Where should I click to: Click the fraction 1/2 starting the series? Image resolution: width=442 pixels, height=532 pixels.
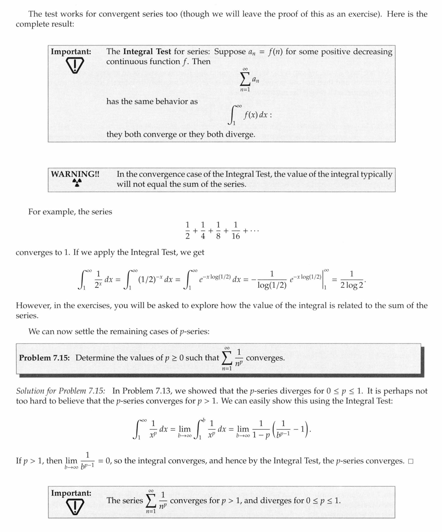[187, 230]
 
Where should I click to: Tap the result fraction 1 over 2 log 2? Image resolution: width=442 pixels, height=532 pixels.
[352, 280]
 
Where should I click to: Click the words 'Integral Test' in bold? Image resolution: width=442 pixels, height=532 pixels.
[147, 52]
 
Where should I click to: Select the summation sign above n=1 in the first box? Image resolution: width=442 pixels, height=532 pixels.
[245, 80]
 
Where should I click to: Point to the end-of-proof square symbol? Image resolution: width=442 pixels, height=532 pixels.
[410, 462]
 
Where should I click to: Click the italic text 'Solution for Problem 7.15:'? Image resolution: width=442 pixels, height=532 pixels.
[60, 391]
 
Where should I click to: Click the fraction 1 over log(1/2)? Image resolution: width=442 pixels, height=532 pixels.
[272, 280]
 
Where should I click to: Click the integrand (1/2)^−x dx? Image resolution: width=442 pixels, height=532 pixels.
[157, 280]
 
